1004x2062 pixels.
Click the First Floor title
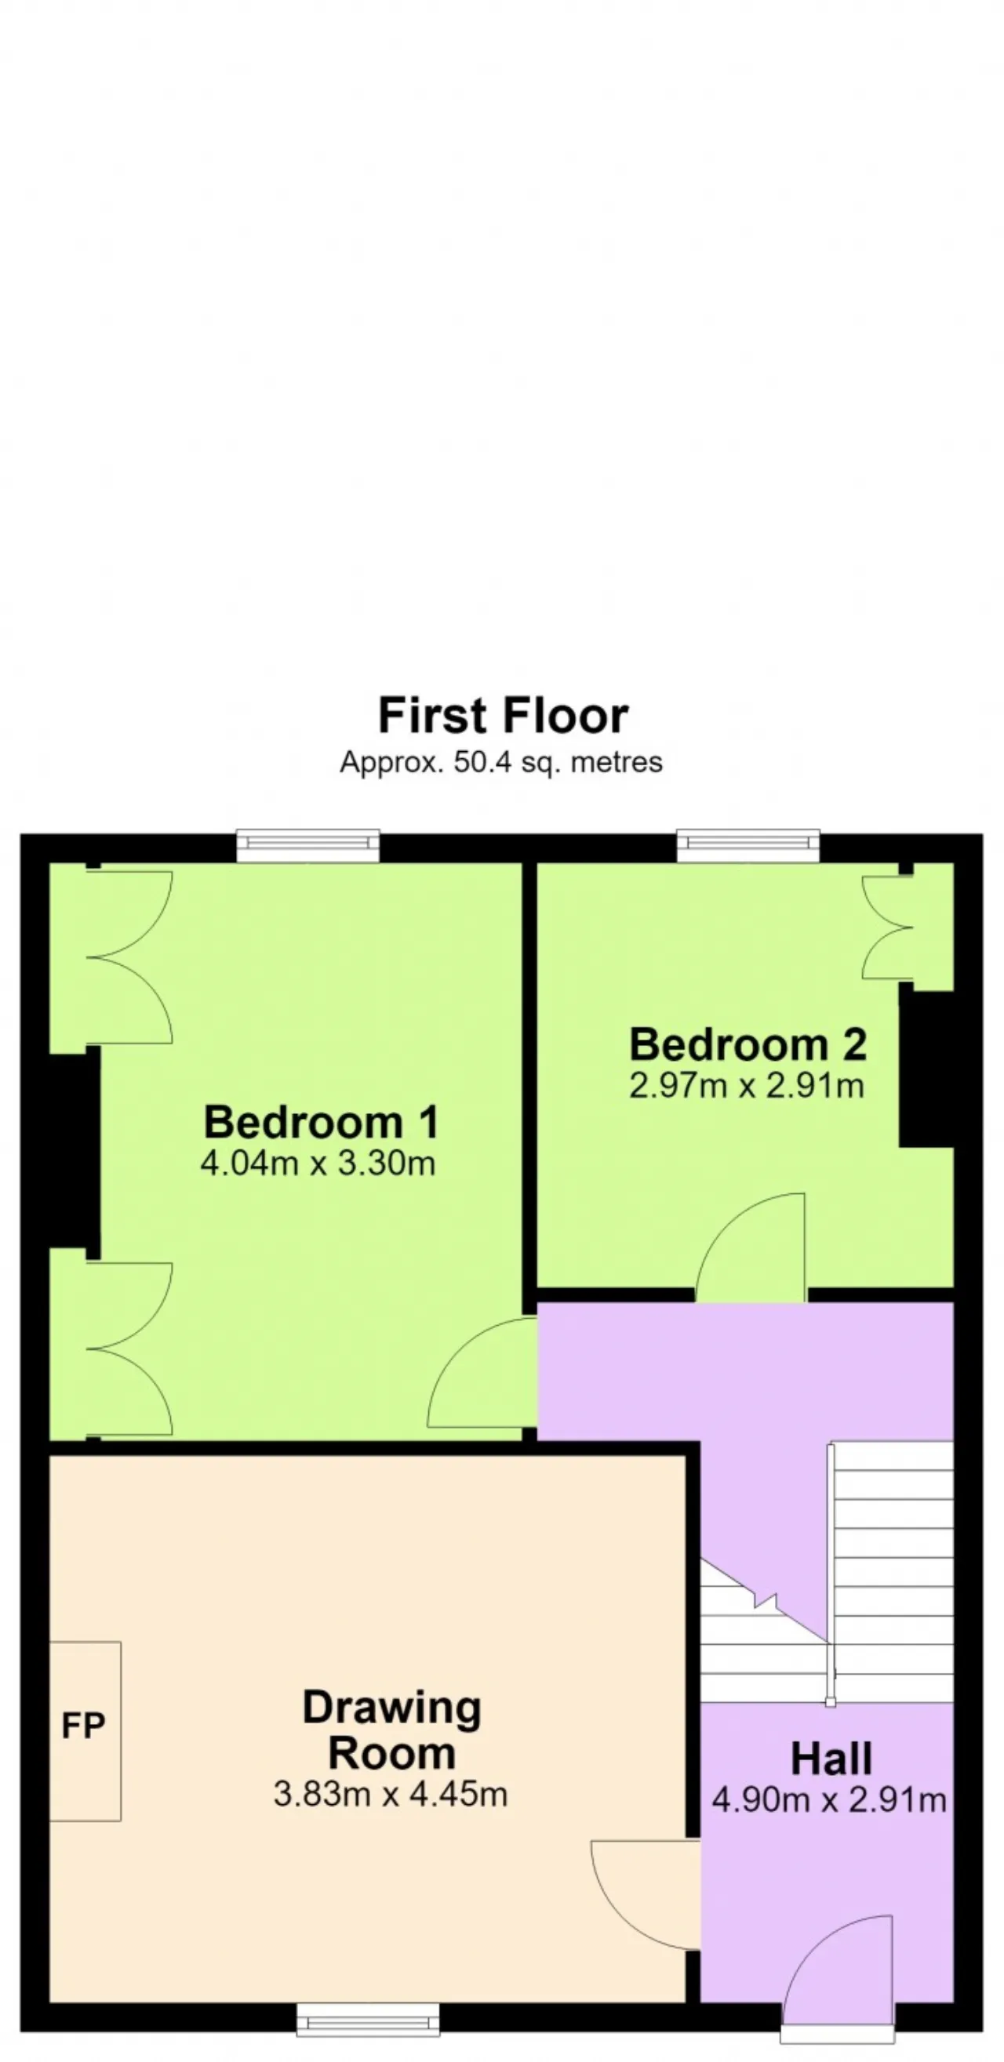[503, 715]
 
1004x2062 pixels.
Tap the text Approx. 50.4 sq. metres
[501, 761]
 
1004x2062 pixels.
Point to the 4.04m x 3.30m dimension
[318, 1162]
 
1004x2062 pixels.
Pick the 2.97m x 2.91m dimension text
[746, 1085]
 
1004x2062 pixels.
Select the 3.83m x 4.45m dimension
[391, 1794]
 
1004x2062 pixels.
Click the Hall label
[831, 1759]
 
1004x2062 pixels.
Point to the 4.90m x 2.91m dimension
[829, 1800]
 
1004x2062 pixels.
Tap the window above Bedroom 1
[308, 846]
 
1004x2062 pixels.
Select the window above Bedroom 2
[748, 846]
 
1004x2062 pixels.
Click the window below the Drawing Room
[368, 2019]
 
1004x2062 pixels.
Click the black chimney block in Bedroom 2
[926, 1069]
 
